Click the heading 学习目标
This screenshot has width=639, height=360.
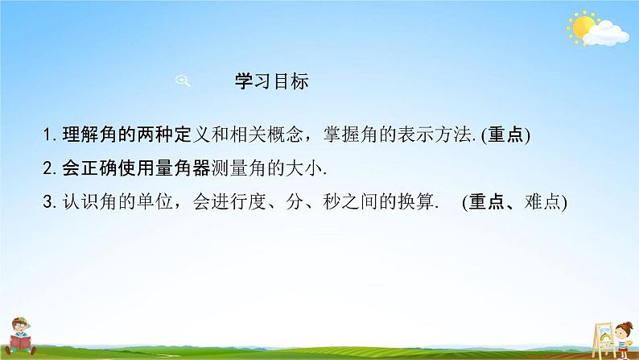click(x=270, y=82)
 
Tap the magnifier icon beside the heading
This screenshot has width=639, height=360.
click(x=182, y=80)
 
